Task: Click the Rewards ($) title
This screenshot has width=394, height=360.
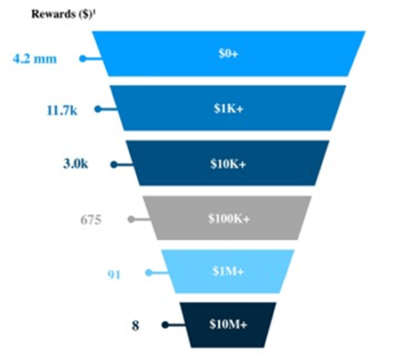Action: (62, 14)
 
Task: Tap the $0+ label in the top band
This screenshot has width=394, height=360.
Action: (229, 53)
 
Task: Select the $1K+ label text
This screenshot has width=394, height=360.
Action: (229, 108)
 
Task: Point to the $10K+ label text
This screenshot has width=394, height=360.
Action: (229, 164)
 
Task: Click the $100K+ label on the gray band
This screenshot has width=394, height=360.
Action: (229, 219)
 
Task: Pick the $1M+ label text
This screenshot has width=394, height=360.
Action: (229, 271)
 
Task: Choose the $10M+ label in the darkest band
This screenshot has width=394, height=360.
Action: (228, 324)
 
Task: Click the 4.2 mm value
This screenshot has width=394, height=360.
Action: (35, 59)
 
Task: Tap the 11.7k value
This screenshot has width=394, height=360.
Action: (62, 110)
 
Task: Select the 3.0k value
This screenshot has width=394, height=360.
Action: (76, 164)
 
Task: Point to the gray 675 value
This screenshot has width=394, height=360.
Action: (91, 220)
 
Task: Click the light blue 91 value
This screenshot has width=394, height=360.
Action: (114, 275)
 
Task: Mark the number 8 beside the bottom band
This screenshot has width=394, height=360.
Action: (135, 325)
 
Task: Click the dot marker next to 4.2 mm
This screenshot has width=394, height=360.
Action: (83, 59)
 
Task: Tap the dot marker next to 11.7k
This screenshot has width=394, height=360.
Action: (98, 109)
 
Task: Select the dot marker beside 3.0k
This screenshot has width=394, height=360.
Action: (114, 164)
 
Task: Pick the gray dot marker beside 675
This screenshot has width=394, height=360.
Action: (131, 219)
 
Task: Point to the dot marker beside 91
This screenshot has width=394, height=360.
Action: (149, 272)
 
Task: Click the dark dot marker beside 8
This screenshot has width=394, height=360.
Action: (165, 324)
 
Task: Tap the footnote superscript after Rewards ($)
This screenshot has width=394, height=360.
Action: (93, 12)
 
